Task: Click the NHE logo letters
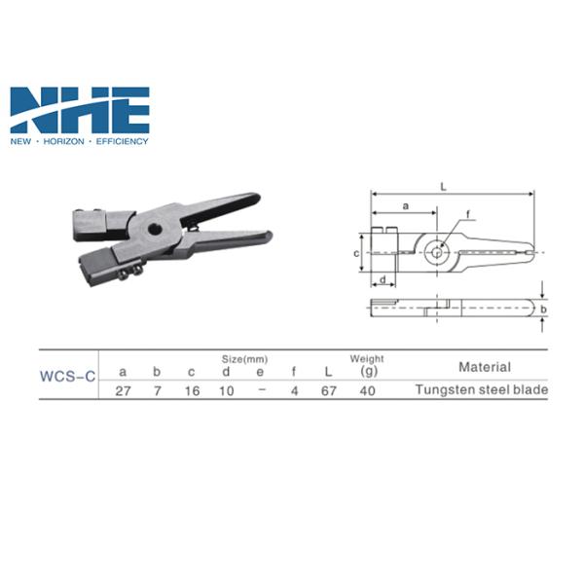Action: click(80, 110)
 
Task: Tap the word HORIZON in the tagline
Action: click(63, 141)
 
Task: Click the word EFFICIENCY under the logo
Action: click(123, 141)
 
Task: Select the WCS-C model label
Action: click(68, 376)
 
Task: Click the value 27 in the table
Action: click(123, 391)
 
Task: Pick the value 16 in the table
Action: click(192, 391)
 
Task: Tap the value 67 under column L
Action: click(329, 391)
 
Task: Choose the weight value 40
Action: click(368, 391)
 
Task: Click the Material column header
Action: click(485, 367)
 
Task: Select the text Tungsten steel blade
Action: click(482, 390)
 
